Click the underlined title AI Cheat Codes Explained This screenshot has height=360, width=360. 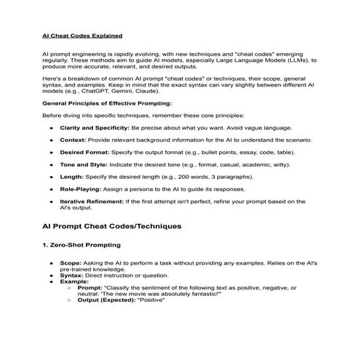pos(81,34)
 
